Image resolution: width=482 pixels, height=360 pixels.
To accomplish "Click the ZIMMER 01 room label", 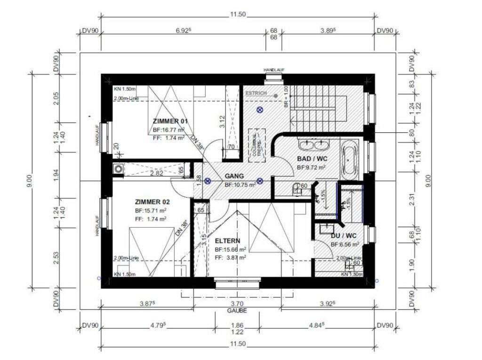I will point(168,121).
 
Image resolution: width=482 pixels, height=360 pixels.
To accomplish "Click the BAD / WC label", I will point(312,159).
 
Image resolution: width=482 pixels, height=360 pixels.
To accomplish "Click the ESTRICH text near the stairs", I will point(256,93).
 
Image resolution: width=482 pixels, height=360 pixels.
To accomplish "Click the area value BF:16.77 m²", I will point(168,129).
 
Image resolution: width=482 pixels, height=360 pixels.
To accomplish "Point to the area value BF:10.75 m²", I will point(240,185).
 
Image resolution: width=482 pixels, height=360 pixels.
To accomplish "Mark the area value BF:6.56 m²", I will point(345,244).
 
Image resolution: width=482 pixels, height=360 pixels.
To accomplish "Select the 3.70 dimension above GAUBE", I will point(237,304).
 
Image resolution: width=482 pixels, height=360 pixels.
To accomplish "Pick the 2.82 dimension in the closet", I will point(157,174).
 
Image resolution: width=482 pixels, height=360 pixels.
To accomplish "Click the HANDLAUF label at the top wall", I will point(272,70).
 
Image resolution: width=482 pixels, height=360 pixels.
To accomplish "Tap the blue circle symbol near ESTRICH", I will point(259,110).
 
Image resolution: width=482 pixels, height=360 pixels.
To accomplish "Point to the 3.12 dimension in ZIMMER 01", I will point(221,122).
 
